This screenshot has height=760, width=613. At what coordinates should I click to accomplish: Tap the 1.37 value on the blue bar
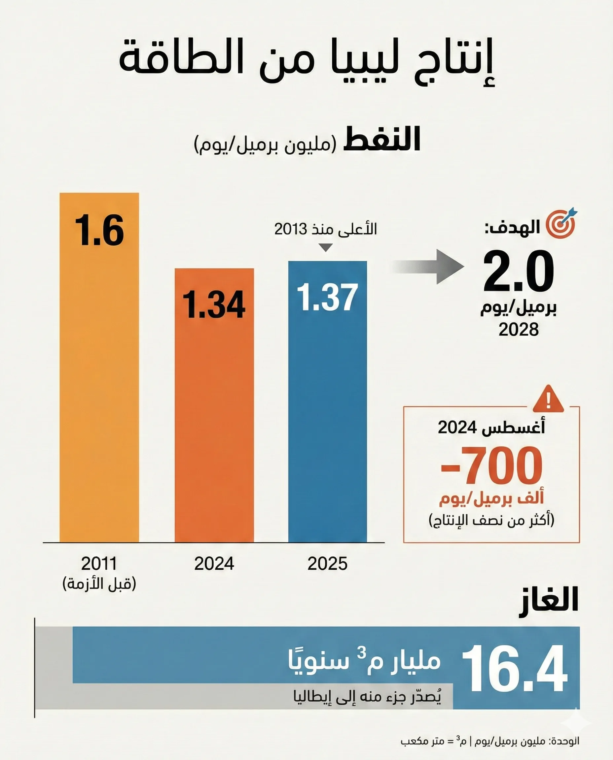click(x=327, y=298)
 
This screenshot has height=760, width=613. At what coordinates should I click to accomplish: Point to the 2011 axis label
click(x=99, y=563)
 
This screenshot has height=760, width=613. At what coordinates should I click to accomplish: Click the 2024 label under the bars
click(x=214, y=563)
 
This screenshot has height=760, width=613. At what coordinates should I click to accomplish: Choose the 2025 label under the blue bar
click(x=327, y=563)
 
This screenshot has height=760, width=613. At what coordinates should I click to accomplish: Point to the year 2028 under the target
click(x=518, y=330)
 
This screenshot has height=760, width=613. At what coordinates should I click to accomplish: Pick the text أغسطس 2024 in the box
click(x=491, y=427)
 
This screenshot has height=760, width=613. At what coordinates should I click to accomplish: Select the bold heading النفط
click(x=382, y=140)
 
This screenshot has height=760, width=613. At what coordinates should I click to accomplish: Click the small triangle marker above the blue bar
click(x=326, y=247)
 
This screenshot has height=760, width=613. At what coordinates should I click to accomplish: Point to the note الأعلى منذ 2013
click(x=326, y=229)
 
